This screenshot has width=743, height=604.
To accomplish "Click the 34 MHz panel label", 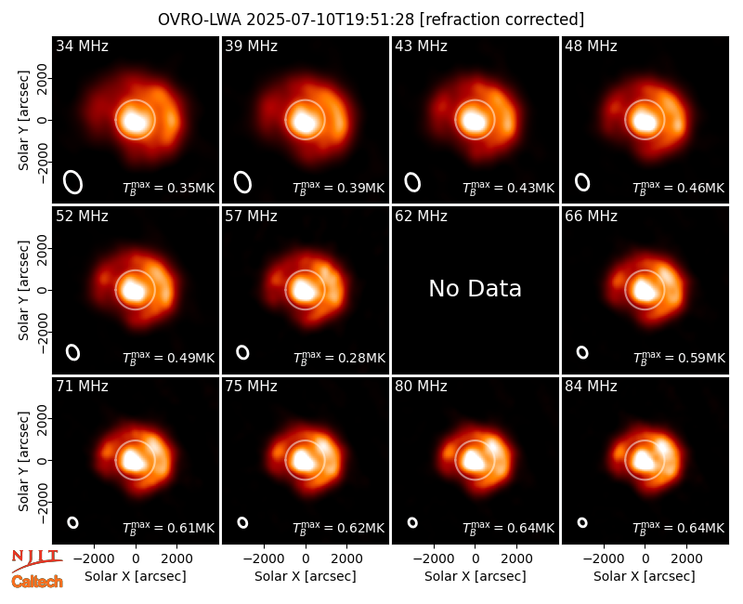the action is click(82, 46).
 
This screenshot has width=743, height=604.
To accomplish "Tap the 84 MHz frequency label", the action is click(591, 387).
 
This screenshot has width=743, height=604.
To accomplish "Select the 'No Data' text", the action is click(475, 289).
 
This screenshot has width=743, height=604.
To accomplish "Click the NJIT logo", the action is click(36, 560).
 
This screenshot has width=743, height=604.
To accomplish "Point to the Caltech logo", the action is click(37, 582).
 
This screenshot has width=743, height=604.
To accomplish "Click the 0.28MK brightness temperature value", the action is click(362, 358).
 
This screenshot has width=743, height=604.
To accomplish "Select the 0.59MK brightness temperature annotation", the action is click(701, 358).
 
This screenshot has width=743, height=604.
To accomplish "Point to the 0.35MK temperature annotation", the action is click(191, 189).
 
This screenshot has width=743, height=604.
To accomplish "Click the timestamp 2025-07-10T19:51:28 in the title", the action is click(331, 20).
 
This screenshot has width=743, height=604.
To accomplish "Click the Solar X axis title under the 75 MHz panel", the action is click(306, 576).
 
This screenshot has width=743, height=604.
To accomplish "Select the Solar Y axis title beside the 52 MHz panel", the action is click(24, 290).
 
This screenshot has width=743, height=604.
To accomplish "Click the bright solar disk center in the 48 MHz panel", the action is click(645, 120).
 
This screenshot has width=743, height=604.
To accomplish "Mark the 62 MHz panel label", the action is click(421, 217).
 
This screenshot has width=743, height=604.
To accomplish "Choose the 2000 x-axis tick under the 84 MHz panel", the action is click(686, 559).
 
